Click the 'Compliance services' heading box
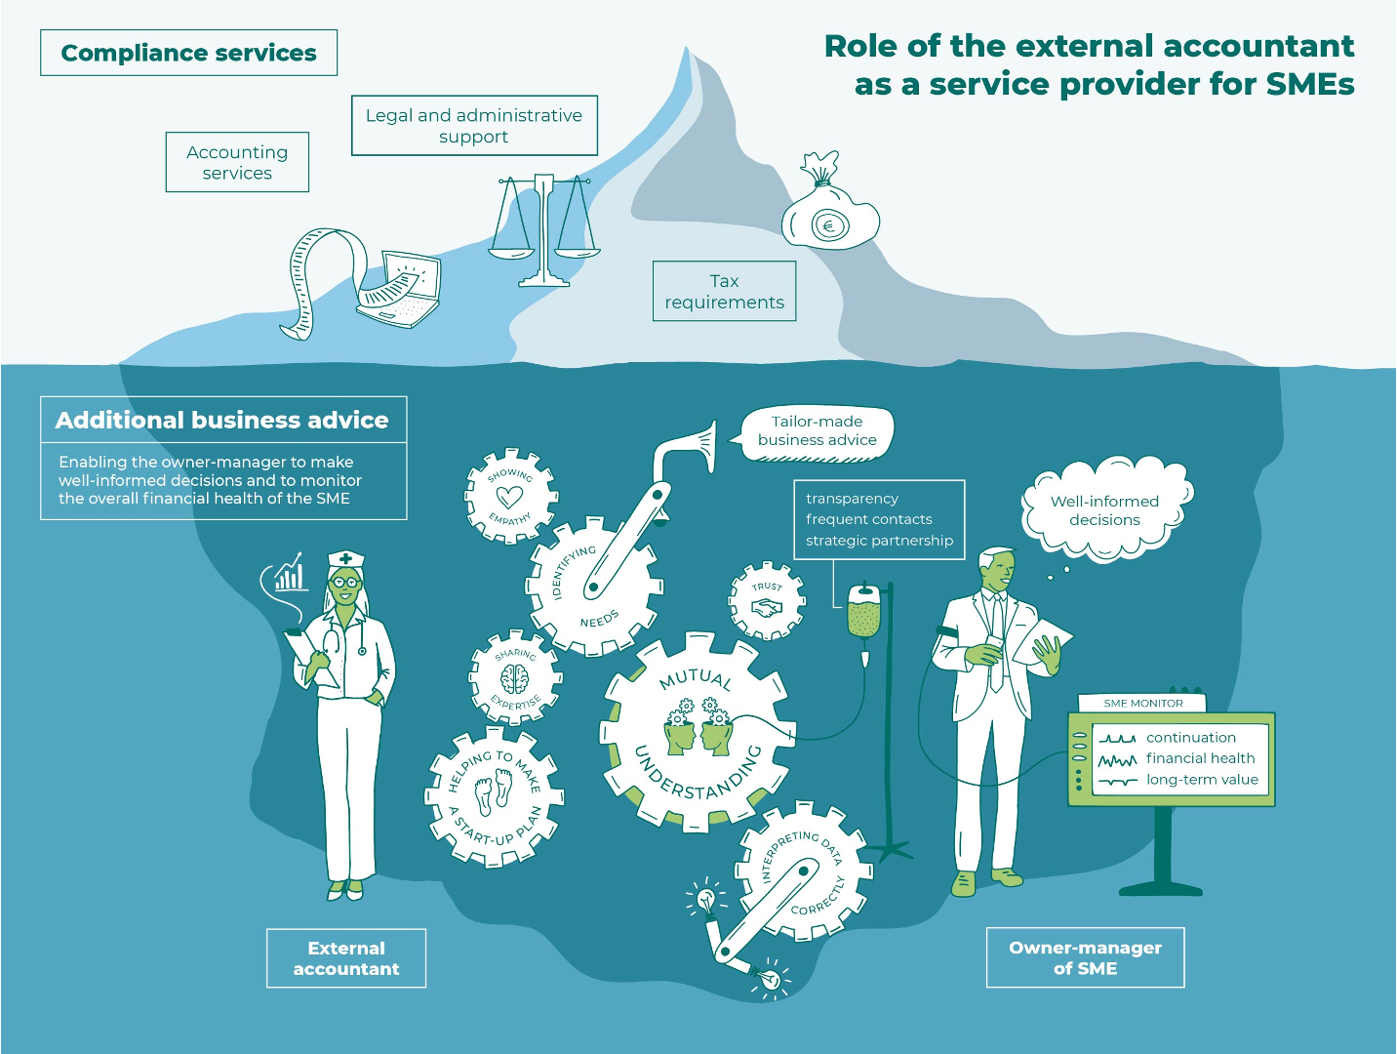point(188,53)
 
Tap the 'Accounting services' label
point(237,162)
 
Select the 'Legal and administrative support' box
point(474,125)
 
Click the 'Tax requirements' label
point(724,291)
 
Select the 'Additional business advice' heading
point(222,420)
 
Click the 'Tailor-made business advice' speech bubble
point(817,431)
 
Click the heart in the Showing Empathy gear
point(509,497)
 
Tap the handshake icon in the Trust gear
point(767,608)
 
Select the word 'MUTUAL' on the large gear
point(695,678)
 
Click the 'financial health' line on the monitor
point(1200,758)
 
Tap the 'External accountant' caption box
point(346,958)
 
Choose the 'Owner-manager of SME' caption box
point(1085,957)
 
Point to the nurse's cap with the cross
point(345,560)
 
